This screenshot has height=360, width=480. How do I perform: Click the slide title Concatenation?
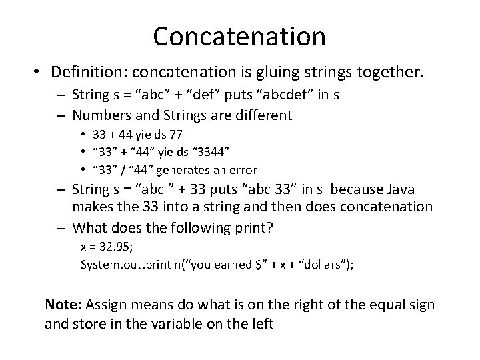239,36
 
